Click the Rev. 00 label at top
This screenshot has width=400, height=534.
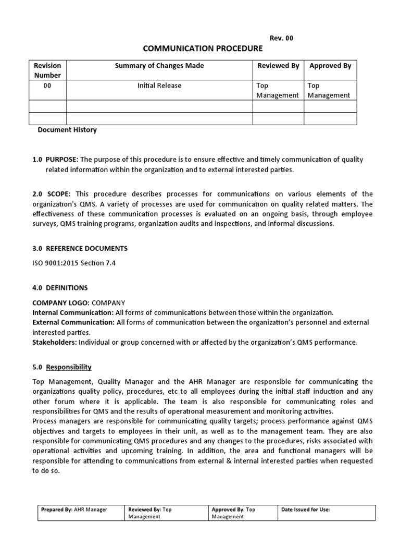(281, 38)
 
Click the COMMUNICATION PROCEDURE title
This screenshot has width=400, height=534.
(203, 48)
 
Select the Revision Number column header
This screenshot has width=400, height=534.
(47, 70)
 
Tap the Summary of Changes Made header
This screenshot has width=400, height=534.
(159, 66)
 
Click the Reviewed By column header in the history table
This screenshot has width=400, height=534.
(278, 66)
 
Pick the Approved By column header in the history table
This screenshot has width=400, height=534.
(330, 66)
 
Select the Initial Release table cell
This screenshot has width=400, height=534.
(159, 86)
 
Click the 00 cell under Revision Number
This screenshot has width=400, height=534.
(47, 86)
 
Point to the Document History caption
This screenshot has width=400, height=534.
(67, 130)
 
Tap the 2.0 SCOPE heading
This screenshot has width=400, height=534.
(52, 194)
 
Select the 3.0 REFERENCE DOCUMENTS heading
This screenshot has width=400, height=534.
(80, 248)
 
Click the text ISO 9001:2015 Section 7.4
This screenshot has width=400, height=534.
(74, 263)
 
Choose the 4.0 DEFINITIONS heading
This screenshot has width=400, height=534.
(60, 287)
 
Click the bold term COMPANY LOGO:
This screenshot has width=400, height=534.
(60, 302)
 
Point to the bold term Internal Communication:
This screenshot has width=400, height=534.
(73, 312)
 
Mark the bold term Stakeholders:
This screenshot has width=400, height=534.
(54, 342)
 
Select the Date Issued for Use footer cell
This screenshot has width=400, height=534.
(306, 509)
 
